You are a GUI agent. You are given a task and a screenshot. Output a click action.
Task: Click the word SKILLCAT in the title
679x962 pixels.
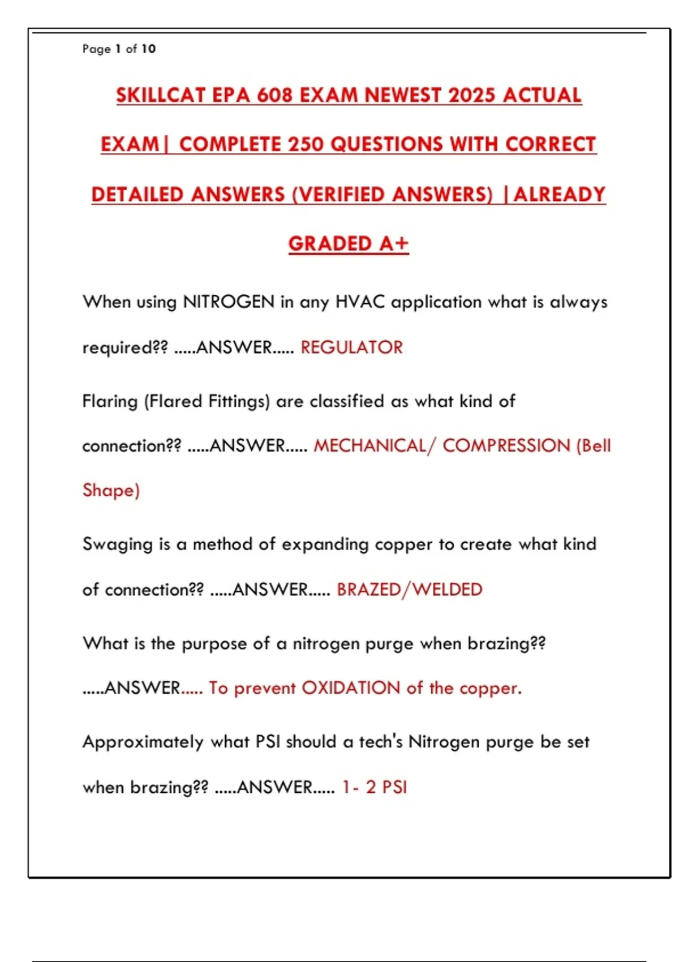(x=160, y=95)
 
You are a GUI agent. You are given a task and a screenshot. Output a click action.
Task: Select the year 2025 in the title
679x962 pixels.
(x=471, y=95)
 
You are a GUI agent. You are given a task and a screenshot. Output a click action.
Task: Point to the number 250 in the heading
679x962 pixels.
(x=306, y=145)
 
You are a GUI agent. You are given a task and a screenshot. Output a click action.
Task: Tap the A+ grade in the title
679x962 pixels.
(x=394, y=244)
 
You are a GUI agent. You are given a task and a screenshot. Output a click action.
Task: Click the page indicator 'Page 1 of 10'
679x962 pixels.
(x=119, y=49)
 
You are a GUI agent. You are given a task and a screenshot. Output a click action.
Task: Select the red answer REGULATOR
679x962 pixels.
(x=351, y=347)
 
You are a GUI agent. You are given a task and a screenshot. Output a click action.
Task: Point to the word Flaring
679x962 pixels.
(x=110, y=402)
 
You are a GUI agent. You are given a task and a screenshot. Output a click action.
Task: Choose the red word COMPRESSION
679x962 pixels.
(x=506, y=446)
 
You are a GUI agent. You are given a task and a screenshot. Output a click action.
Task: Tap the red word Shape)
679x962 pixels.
(x=111, y=490)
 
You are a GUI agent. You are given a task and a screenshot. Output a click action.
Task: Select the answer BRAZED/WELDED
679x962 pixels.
(x=409, y=590)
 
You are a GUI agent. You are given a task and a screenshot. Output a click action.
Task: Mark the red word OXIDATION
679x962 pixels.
(x=351, y=688)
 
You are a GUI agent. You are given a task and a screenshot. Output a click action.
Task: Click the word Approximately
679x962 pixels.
(x=143, y=742)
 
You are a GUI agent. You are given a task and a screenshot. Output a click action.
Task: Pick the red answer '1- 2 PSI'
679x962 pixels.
(x=375, y=787)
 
